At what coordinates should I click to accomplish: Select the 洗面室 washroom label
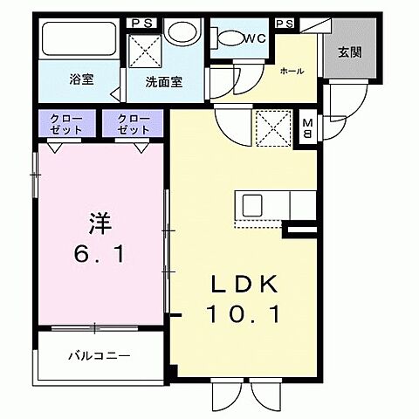(x=162, y=86)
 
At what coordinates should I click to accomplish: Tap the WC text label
(x=255, y=38)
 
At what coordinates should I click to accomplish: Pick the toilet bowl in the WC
(x=230, y=38)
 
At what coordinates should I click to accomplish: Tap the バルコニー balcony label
(x=100, y=355)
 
